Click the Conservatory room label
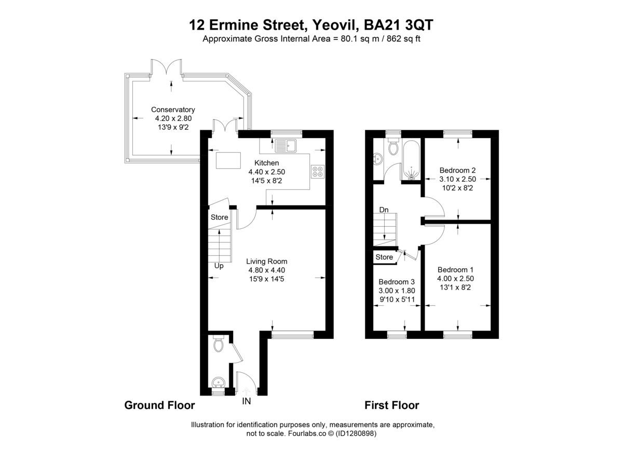pyautogui.click(x=173, y=110)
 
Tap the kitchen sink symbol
pyautogui.click(x=285, y=145)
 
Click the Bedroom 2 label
pyautogui.click(x=457, y=170)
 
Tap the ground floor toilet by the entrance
pyautogui.click(x=219, y=345)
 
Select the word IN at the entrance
pyautogui.click(x=246, y=401)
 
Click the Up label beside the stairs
pyautogui.click(x=219, y=266)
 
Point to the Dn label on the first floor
pyautogui.click(x=384, y=210)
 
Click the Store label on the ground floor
pyautogui.click(x=219, y=217)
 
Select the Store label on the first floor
pyautogui.click(x=384, y=257)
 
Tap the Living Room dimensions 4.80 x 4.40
pyautogui.click(x=266, y=270)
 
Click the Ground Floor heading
pyautogui.click(x=159, y=405)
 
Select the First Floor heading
pyautogui.click(x=391, y=405)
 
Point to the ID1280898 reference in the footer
pyautogui.click(x=351, y=433)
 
